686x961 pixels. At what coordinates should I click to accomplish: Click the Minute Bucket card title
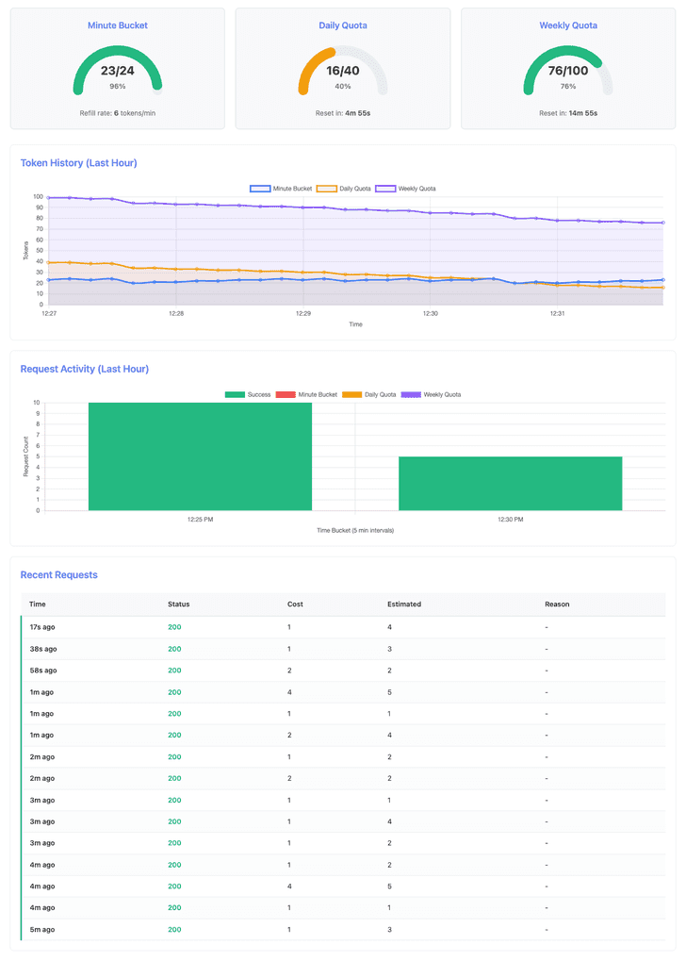click(117, 25)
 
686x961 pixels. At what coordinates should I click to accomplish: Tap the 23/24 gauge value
click(117, 71)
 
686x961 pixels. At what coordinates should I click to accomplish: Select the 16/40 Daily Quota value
click(343, 71)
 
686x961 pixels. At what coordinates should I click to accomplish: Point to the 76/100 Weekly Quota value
click(568, 71)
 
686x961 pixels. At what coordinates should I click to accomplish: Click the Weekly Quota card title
click(568, 25)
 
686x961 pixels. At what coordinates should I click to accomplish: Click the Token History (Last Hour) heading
click(78, 163)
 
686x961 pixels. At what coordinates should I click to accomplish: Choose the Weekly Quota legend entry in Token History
click(406, 189)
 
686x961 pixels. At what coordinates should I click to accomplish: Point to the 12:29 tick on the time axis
click(303, 314)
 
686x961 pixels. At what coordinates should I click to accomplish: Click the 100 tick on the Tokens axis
click(39, 197)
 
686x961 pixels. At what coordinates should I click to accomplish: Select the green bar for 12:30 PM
click(510, 483)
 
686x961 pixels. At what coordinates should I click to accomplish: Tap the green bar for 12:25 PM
click(200, 456)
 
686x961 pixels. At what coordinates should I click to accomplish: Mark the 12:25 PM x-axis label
click(200, 520)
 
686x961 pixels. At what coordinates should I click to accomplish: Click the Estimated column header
click(404, 604)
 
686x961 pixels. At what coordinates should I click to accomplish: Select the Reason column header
click(557, 604)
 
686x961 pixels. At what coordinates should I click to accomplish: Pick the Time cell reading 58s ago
click(42, 671)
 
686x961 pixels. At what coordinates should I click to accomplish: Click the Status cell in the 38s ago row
click(174, 649)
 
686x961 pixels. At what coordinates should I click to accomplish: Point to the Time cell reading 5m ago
click(41, 929)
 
